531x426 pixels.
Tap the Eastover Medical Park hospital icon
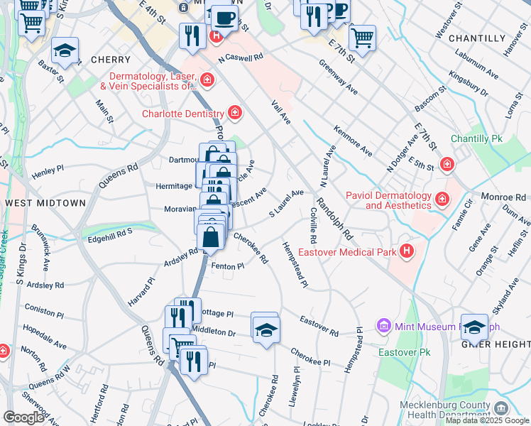(x=407, y=251)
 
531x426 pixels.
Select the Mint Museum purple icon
(x=384, y=326)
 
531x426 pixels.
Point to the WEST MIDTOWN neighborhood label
(x=45, y=203)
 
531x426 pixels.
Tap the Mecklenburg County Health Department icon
(x=501, y=408)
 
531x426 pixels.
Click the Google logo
(x=23, y=417)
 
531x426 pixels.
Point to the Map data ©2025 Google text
(x=486, y=420)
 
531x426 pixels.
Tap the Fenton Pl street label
(x=228, y=266)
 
